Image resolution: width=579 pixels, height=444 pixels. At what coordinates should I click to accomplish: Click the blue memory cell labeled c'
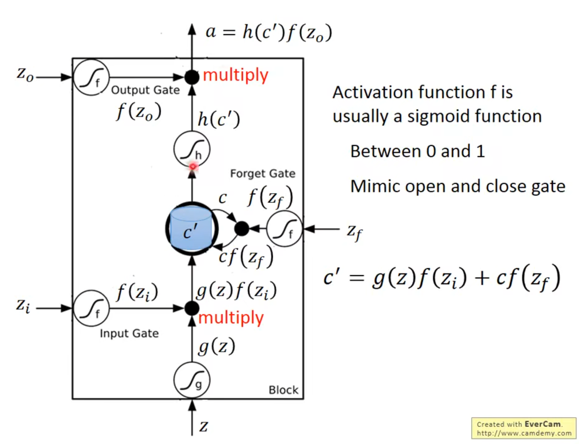tap(191, 229)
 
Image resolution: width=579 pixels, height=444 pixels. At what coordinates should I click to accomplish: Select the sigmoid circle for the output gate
tap(91, 77)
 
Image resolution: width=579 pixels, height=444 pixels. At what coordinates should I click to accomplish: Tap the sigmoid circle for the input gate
tap(91, 308)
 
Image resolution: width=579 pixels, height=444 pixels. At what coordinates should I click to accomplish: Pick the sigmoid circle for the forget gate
tap(284, 229)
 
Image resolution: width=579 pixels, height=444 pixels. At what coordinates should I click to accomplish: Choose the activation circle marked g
tap(192, 380)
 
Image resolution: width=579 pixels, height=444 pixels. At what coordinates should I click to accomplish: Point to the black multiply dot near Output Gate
tap(192, 77)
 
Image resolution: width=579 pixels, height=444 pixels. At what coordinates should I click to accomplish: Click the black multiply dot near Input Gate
tap(192, 308)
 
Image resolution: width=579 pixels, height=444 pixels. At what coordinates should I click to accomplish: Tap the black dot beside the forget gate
tap(242, 228)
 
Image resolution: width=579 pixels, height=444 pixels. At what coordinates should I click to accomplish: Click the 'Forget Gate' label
tap(263, 173)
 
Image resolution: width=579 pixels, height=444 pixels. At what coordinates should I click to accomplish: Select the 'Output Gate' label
tap(145, 90)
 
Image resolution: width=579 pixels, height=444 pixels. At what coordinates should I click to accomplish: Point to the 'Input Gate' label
tap(129, 333)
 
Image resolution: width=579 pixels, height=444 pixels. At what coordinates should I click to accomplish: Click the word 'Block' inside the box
tap(283, 390)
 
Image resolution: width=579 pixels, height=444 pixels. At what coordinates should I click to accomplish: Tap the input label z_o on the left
tap(25, 75)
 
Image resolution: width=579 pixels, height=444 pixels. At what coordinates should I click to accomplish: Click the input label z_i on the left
tap(23, 306)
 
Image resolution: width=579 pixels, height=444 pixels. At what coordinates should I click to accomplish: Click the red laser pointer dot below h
tap(193, 167)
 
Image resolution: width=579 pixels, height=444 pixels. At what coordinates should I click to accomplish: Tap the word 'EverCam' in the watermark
tap(543, 424)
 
